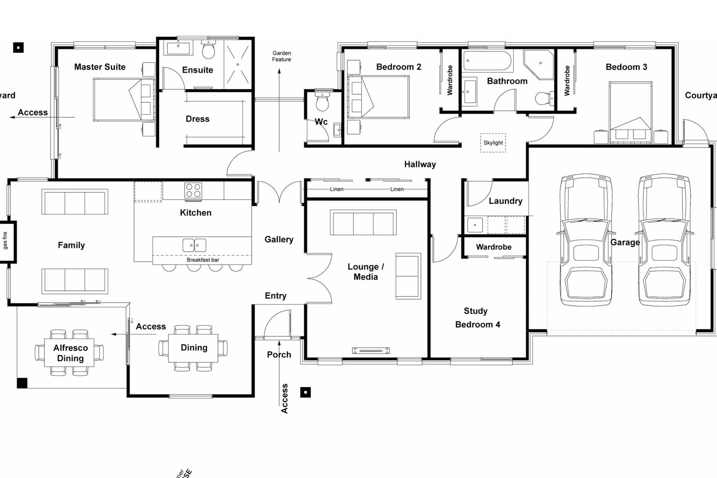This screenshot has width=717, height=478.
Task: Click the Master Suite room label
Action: [99, 67]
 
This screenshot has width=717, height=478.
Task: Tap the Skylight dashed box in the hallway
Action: [493, 143]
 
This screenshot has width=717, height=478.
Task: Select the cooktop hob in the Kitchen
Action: [193, 190]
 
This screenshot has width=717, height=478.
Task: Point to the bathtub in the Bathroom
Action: [488, 62]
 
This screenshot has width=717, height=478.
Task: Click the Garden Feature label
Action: [281, 56]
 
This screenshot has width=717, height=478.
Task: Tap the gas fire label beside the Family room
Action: [6, 240]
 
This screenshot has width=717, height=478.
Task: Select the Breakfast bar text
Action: [203, 260]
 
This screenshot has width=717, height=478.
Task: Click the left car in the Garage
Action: [586, 240]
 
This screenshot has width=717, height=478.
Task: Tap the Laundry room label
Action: [505, 201]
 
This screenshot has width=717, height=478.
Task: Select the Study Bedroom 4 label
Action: [477, 318]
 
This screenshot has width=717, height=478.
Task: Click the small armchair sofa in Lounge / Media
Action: [408, 276]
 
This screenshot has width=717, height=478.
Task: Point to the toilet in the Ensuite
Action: [208, 49]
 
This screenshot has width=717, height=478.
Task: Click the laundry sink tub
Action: [475, 225]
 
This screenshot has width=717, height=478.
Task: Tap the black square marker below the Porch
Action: [305, 392]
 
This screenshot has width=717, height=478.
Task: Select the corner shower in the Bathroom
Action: [538, 64]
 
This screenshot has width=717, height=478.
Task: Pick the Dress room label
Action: [197, 119]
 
